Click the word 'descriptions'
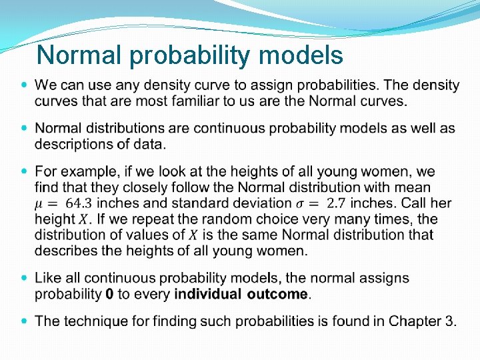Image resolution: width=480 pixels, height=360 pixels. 73,144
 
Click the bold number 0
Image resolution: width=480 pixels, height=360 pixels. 109,294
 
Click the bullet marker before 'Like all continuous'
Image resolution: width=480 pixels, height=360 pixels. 25,277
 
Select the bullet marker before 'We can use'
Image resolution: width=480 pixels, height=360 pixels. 25,85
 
